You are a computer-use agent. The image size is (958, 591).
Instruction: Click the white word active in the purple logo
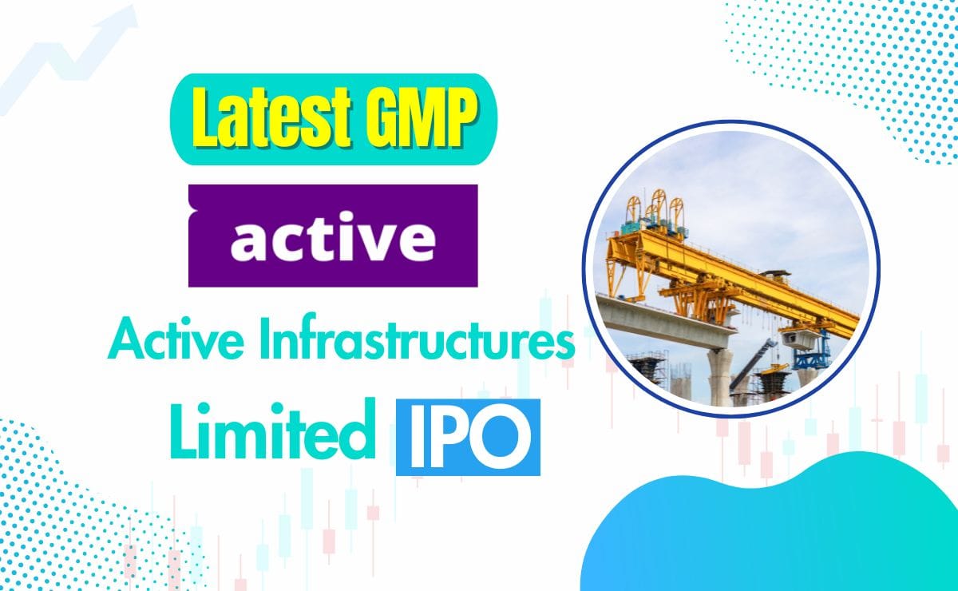pos(333,236)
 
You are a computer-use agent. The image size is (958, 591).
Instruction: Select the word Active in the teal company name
pos(164,344)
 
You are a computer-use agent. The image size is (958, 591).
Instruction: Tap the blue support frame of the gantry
pos(822,351)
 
